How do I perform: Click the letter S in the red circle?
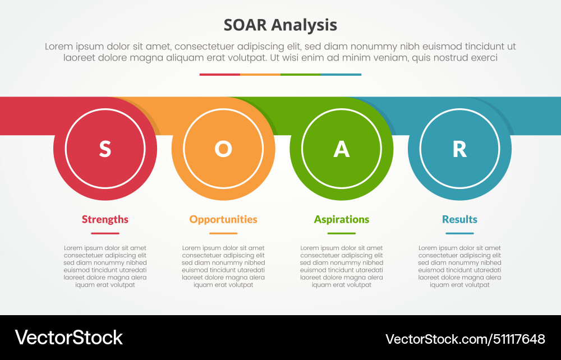coord(105,149)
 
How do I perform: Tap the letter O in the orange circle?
coord(223,149)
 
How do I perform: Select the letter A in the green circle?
coord(342,149)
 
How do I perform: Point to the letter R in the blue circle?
coord(459,149)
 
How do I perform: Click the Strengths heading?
coord(105,219)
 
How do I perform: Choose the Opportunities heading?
coord(223,219)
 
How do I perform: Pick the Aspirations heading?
coord(342,219)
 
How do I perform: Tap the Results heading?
coord(459,219)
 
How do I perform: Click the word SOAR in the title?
coord(245,25)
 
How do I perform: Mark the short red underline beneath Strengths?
coord(105,233)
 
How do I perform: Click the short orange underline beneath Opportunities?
coord(223,233)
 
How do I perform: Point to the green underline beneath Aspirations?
coord(342,233)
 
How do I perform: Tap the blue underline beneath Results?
coord(459,233)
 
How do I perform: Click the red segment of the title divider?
coord(219,75)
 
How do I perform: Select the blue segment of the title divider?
coord(341,75)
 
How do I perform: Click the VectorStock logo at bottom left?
coord(68,338)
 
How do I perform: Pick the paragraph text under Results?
coord(459,266)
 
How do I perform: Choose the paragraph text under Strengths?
coord(105,266)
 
